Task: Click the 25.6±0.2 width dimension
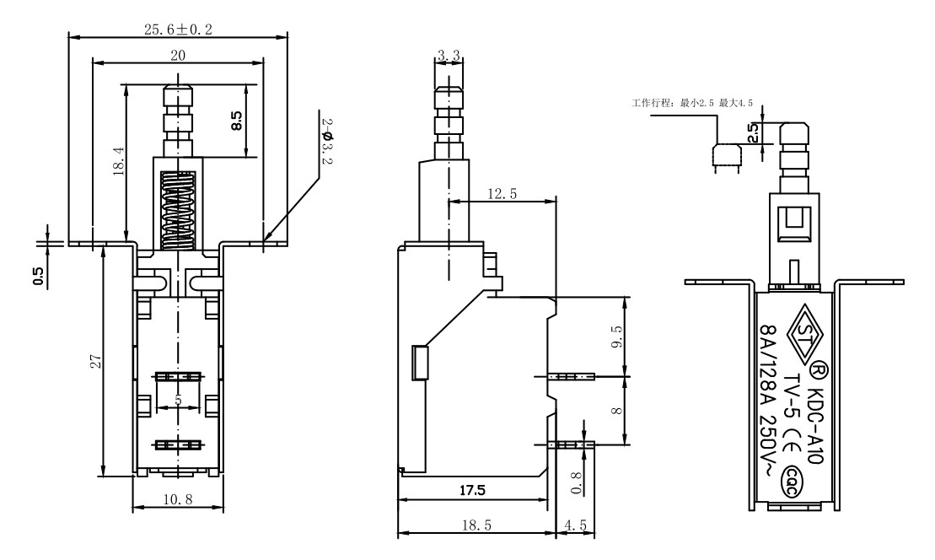click(x=178, y=29)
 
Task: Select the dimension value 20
click(x=178, y=56)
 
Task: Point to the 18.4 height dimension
click(x=118, y=162)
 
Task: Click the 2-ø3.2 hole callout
click(x=327, y=141)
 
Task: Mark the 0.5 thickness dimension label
click(x=39, y=276)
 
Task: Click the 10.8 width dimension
click(x=178, y=499)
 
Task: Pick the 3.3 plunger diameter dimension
click(x=449, y=56)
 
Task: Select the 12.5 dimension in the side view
click(x=502, y=194)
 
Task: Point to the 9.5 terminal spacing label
click(x=616, y=337)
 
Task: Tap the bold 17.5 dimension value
click(x=472, y=490)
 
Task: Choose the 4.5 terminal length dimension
click(x=576, y=525)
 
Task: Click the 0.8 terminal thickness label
click(x=576, y=482)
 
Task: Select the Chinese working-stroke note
click(x=692, y=103)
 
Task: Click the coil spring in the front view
click(x=178, y=210)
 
